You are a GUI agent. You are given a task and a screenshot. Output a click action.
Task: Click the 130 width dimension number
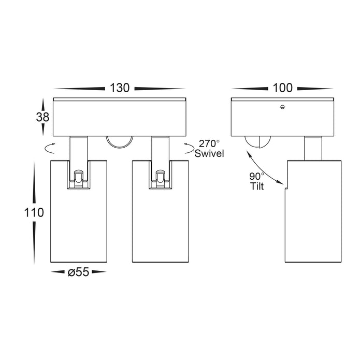120,88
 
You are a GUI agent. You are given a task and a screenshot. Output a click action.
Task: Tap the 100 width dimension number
283,88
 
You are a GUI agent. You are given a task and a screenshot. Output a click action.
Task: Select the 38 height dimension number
42,117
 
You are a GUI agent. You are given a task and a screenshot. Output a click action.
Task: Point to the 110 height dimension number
34,212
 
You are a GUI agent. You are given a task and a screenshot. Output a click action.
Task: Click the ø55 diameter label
78,272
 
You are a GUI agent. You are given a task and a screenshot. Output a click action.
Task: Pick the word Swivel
209,154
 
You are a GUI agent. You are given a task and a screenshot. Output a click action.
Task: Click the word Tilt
257,186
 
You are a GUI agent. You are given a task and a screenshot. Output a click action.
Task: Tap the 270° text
209,144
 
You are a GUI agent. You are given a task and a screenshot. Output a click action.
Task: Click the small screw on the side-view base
282,107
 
